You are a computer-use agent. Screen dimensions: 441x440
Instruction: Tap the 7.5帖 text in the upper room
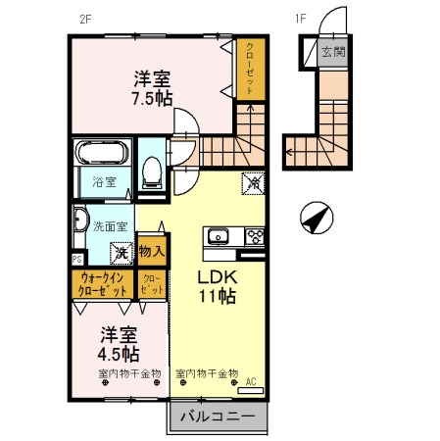click(x=153, y=98)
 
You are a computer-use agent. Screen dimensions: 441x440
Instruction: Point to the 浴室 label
click(x=104, y=182)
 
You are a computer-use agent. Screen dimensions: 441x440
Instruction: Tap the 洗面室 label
click(x=110, y=226)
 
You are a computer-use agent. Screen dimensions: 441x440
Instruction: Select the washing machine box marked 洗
click(x=122, y=253)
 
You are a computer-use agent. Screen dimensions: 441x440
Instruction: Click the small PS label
click(x=75, y=259)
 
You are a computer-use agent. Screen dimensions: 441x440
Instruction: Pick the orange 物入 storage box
click(x=152, y=251)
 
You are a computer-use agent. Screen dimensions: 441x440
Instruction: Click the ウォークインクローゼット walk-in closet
click(x=101, y=285)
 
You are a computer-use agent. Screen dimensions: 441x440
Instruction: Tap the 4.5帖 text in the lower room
click(x=118, y=353)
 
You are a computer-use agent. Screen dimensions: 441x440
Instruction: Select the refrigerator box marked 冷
click(x=251, y=182)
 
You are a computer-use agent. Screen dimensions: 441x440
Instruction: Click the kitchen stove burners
click(x=255, y=235)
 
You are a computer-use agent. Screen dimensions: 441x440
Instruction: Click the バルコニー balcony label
click(x=219, y=416)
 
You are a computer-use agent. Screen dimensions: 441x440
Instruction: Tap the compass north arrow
click(x=316, y=219)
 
